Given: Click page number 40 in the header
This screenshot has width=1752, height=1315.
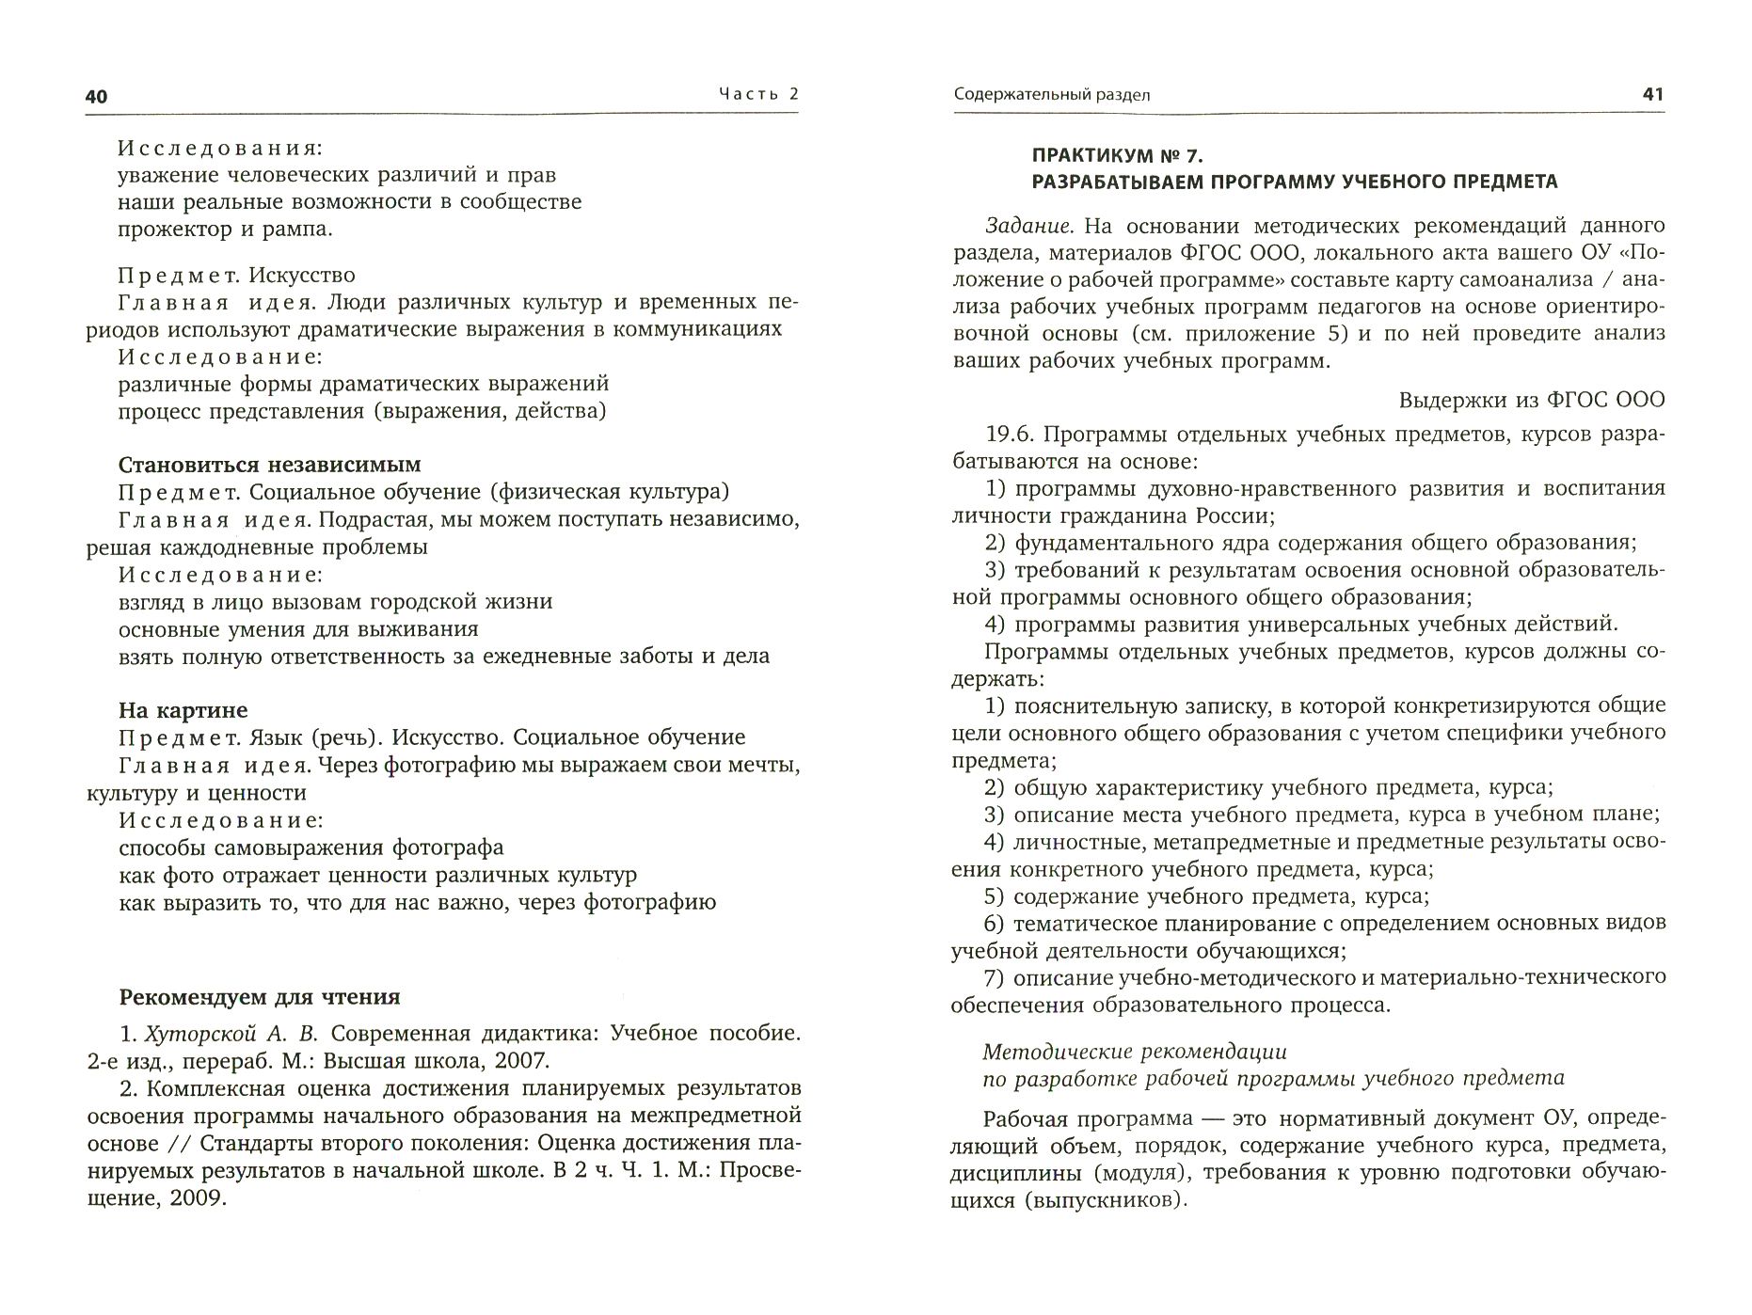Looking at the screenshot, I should pos(97,96).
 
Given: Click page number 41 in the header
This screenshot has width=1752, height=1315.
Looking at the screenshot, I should pos(1652,94).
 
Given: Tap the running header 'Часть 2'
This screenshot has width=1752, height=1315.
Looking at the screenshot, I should pos(757,94).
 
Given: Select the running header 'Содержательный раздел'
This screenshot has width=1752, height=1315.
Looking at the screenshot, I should pos(1051,95).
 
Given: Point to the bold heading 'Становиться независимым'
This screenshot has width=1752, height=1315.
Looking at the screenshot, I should pos(269,465).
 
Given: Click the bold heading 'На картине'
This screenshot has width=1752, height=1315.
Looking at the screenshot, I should pos(183,710).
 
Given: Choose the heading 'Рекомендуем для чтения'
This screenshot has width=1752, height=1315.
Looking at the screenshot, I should pos(259,997).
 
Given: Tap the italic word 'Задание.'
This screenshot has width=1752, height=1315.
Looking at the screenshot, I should pos(1028,226).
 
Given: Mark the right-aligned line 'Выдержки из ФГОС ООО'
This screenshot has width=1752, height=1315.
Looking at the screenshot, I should pos(1531,400).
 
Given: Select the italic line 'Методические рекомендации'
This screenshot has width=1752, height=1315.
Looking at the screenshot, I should pos(1135,1052).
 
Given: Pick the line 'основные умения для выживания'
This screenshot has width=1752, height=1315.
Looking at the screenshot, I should pos(298,628).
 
